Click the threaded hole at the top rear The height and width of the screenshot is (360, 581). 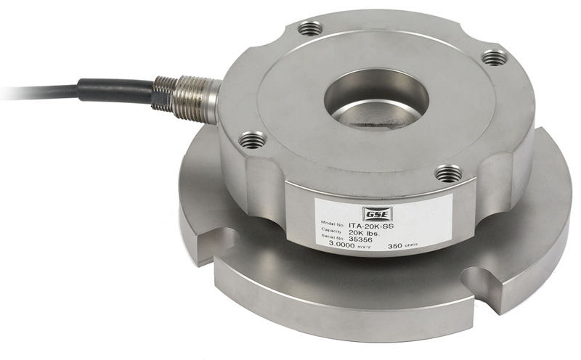point(312,28)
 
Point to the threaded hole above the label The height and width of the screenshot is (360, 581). point(448,173)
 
